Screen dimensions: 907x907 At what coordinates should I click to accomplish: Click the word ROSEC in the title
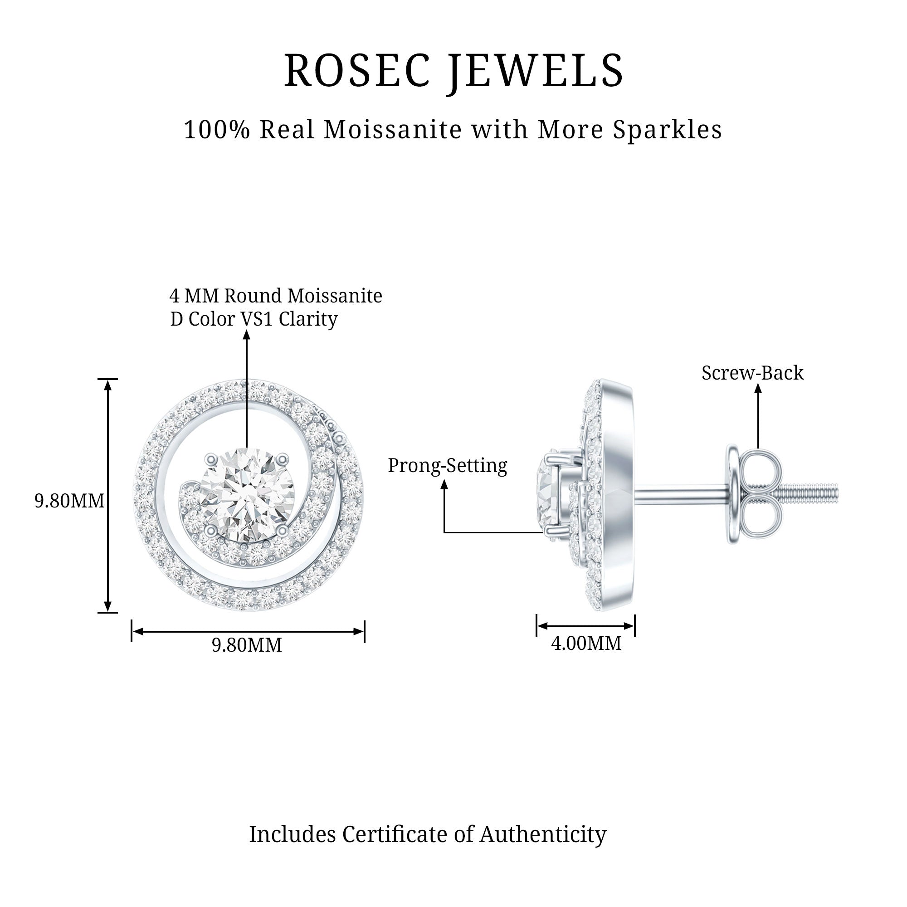coord(357,70)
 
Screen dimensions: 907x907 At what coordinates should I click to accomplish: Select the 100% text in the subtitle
coord(216,130)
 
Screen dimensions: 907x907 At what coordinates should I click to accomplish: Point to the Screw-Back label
coord(752,373)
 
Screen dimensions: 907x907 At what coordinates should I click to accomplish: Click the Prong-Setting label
coord(448,466)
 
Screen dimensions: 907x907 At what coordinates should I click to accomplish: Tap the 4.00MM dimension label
coord(586,643)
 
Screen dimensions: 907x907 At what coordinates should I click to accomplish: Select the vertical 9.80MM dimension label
coord(69,501)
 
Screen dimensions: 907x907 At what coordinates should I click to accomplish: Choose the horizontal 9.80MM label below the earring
coord(247,645)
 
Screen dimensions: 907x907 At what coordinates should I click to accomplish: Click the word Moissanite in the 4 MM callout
coord(335,296)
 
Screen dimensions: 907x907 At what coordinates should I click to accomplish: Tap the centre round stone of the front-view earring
coord(247,495)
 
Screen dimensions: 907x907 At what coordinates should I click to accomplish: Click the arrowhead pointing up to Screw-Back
coord(758,388)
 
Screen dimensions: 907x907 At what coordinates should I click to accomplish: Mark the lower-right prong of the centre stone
coord(282,531)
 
